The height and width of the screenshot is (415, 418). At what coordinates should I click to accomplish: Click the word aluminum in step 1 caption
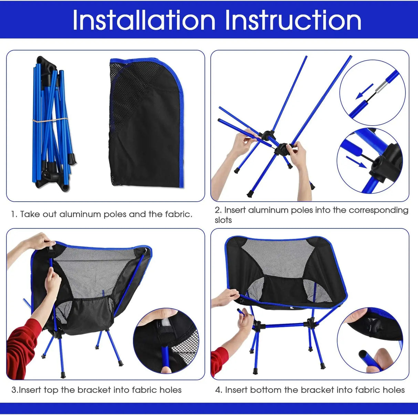(x=80, y=214)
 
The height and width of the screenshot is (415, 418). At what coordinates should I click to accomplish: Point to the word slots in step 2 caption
(x=223, y=220)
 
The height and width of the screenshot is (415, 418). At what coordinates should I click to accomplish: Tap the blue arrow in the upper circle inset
(x=364, y=91)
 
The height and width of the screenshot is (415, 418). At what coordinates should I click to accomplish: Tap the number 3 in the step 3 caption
(x=14, y=390)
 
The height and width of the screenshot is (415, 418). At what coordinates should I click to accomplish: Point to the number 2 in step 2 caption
(x=217, y=210)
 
